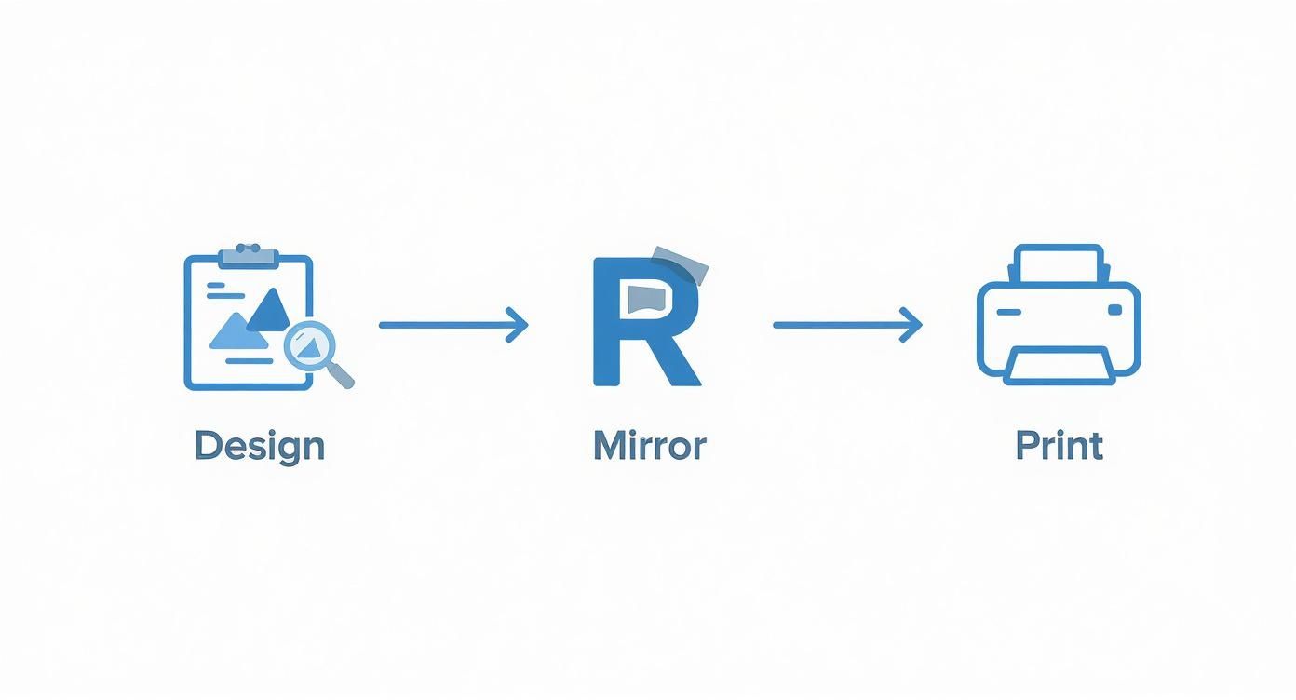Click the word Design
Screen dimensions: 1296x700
pos(260,447)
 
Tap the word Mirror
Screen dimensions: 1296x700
pos(650,446)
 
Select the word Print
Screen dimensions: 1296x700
pos(1060,446)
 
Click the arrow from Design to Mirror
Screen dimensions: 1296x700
pos(453,325)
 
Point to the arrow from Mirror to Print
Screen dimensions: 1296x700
pos(847,325)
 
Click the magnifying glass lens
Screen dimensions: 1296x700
pos(309,345)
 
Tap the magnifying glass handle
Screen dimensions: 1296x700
pos(342,375)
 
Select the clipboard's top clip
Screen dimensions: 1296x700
pos(249,256)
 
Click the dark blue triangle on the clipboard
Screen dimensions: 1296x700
pos(270,310)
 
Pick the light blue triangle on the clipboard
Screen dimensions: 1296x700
pos(237,331)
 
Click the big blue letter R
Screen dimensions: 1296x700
pos(647,322)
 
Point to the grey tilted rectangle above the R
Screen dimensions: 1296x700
pos(681,265)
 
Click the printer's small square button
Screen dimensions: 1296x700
pos(1114,311)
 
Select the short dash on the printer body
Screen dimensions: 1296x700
pos(1009,313)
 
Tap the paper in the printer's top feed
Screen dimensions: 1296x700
pos(1060,263)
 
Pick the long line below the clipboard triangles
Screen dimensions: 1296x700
pos(249,361)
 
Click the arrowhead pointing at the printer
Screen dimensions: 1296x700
pos(911,325)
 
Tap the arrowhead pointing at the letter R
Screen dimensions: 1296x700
pos(518,325)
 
